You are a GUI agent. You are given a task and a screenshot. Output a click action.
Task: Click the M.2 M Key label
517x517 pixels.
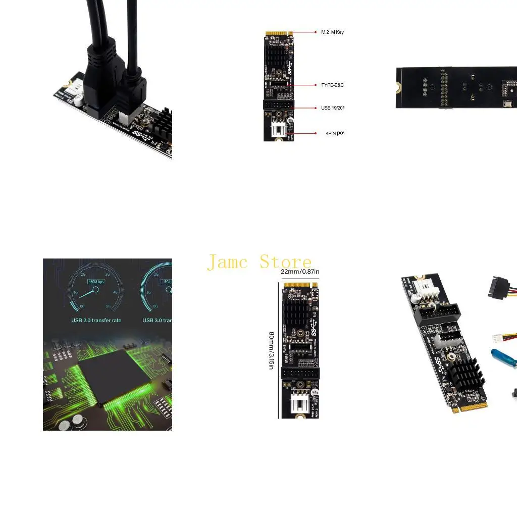[332, 32]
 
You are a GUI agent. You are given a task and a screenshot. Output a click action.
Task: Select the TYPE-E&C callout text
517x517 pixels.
[332, 85]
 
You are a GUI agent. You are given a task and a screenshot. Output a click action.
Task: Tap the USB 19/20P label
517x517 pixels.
[332, 108]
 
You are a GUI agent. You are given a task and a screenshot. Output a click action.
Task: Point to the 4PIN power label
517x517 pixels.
[335, 133]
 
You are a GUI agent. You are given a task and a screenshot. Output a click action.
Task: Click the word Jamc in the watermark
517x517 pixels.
[228, 262]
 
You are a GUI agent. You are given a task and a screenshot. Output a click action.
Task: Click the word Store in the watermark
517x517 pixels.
[285, 262]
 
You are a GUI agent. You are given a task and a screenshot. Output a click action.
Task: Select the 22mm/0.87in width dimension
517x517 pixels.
[300, 272]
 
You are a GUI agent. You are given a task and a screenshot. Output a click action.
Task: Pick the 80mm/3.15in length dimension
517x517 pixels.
[272, 350]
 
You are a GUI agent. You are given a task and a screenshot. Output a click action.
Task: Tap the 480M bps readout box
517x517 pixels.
[96, 282]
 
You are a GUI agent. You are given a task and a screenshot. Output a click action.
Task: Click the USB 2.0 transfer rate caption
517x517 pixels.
[96, 320]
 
